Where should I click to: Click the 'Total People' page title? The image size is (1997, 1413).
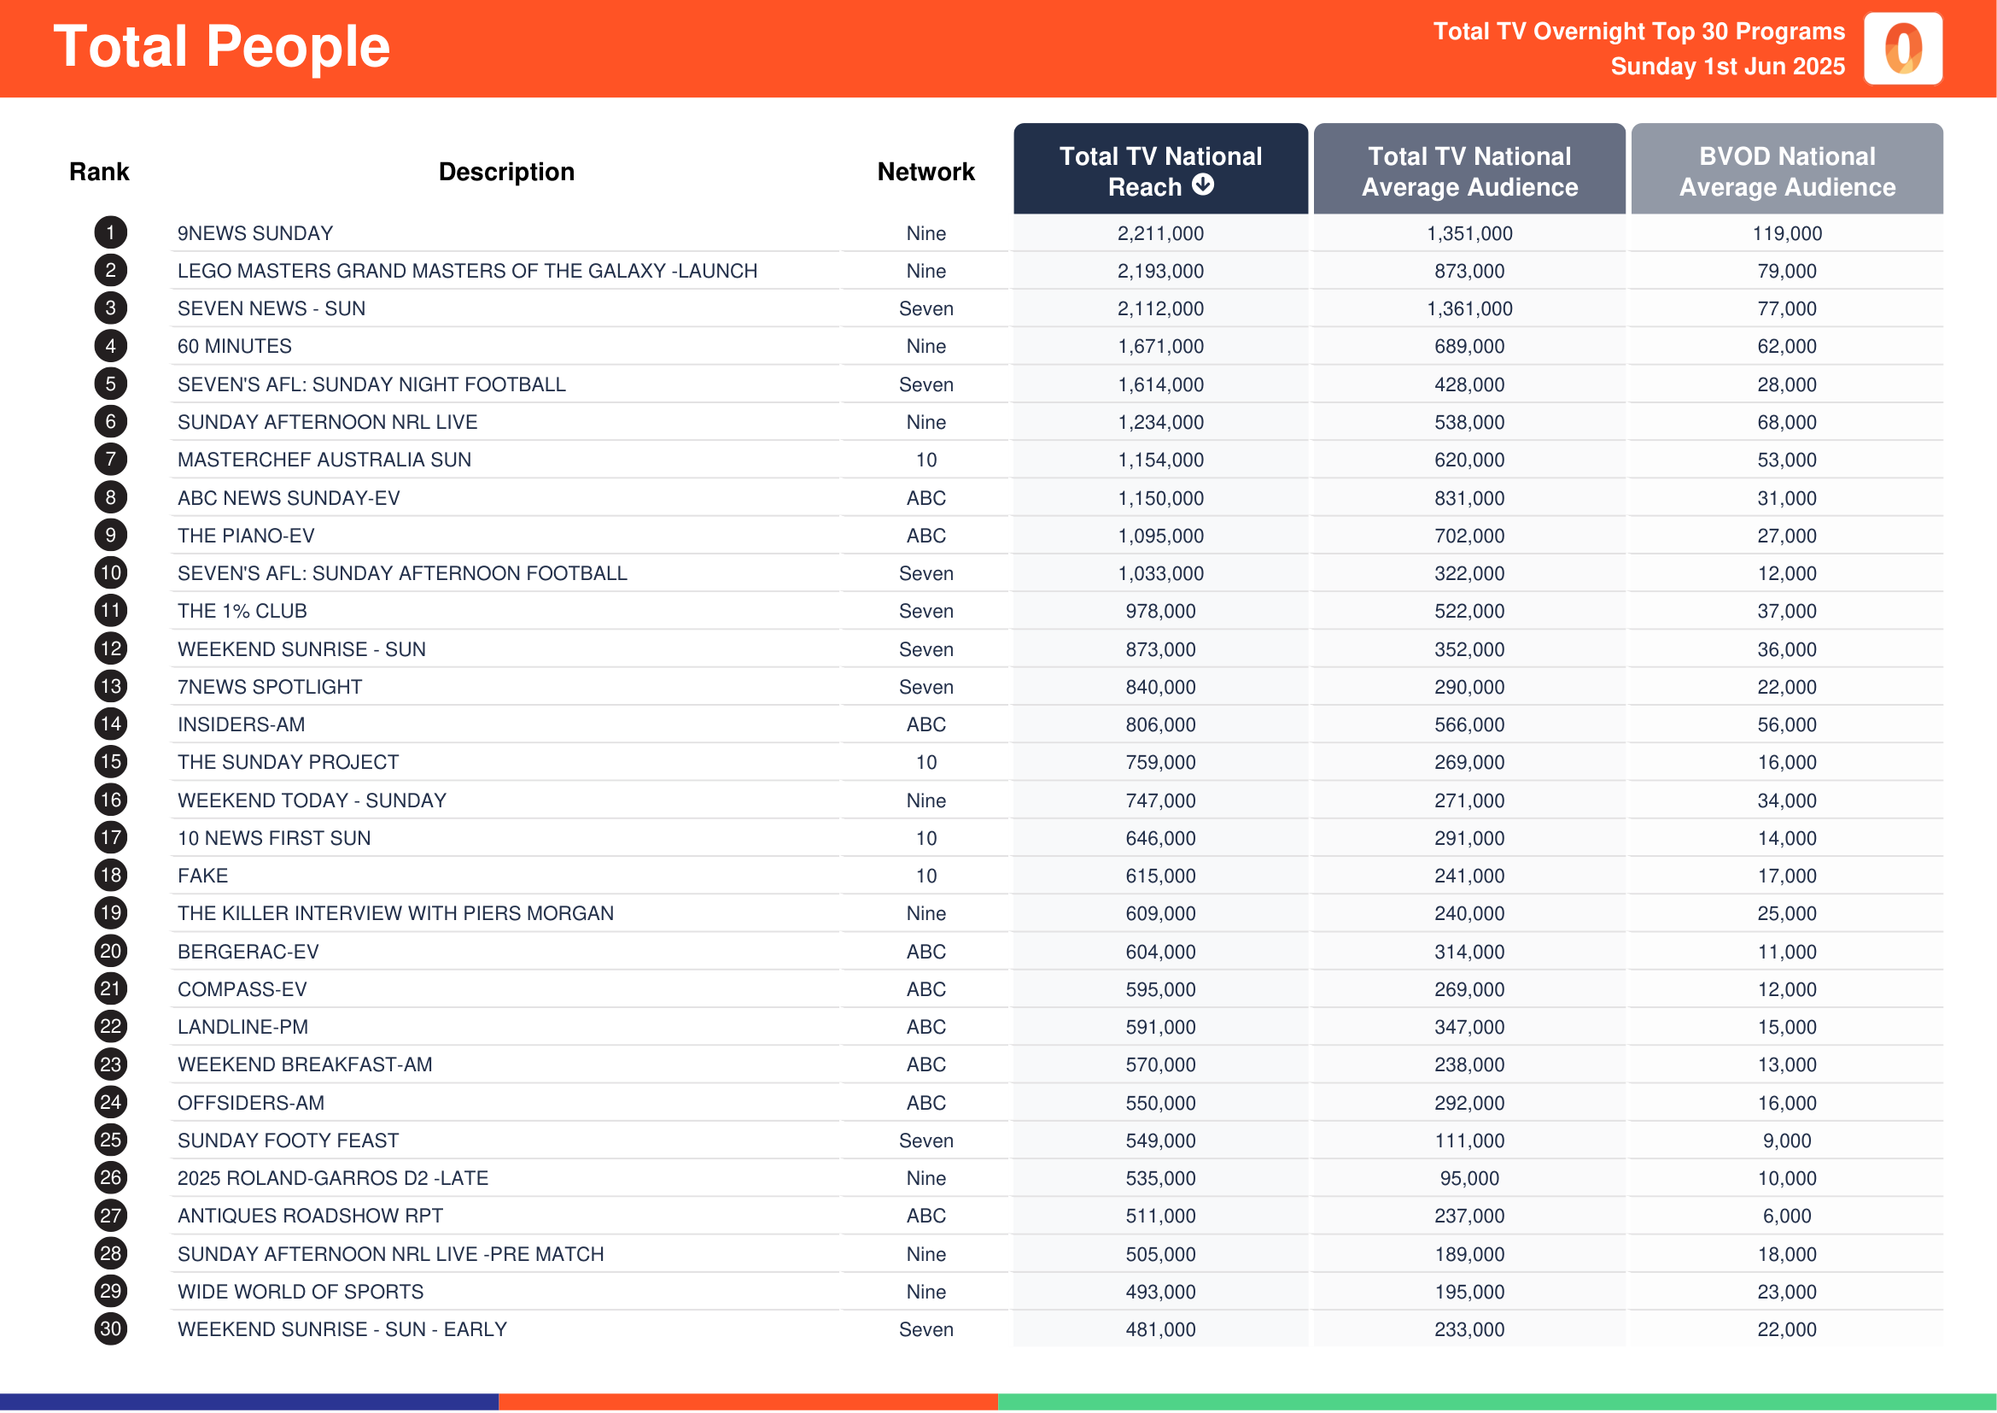click(x=222, y=47)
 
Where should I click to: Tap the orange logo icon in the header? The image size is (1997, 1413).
click(x=1902, y=49)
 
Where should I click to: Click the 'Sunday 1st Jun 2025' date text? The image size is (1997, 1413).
click(x=1726, y=67)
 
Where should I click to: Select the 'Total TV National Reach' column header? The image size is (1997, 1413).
click(x=1159, y=171)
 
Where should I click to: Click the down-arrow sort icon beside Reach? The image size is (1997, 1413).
click(x=1202, y=185)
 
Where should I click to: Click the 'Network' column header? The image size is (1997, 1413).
click(x=926, y=173)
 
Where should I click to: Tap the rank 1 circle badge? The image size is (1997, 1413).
click(x=110, y=233)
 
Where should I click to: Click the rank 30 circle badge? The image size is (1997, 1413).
click(x=110, y=1328)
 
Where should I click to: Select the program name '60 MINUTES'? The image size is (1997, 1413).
click(x=235, y=346)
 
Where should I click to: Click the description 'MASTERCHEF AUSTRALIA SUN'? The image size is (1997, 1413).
click(x=324, y=460)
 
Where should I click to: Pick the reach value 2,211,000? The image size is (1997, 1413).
click(x=1160, y=233)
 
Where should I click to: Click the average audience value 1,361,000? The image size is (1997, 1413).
click(x=1469, y=309)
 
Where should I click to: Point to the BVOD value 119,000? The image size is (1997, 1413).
click(x=1786, y=233)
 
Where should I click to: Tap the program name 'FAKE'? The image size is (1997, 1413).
click(x=202, y=876)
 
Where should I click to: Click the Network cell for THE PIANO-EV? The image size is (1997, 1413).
click(x=926, y=536)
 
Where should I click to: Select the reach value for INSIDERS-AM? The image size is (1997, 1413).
click(x=1160, y=724)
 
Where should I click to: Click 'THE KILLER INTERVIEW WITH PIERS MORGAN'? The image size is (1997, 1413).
click(x=396, y=913)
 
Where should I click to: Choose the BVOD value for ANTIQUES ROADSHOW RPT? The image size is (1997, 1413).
click(x=1786, y=1216)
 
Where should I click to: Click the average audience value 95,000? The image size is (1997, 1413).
click(x=1469, y=1178)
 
